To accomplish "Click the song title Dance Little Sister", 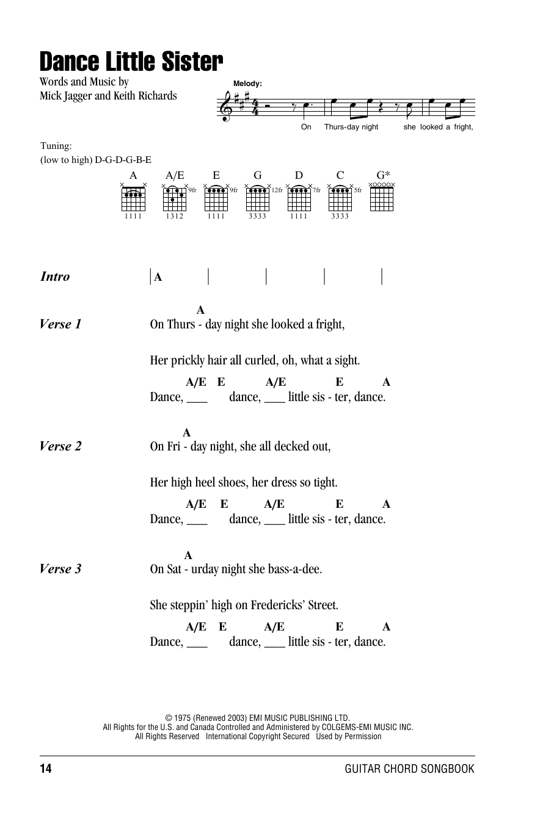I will pos(131,62).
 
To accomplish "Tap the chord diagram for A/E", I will pos(175,197).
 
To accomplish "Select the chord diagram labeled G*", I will pos(382,197).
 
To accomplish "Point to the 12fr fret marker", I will pos(277,190).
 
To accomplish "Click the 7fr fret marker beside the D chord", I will pos(316,190).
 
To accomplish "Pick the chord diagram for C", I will pos(340,197).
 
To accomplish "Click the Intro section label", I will pos(55,277).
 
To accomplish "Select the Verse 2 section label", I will pos(60,447).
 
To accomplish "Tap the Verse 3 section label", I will pos(60,569).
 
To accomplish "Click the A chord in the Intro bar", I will pos(158,277).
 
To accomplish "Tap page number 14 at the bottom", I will pos(46,769).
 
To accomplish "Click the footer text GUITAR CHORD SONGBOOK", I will pos(409,769).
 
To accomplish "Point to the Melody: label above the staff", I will pos(247,84).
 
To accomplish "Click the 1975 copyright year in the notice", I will pos(184,718).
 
